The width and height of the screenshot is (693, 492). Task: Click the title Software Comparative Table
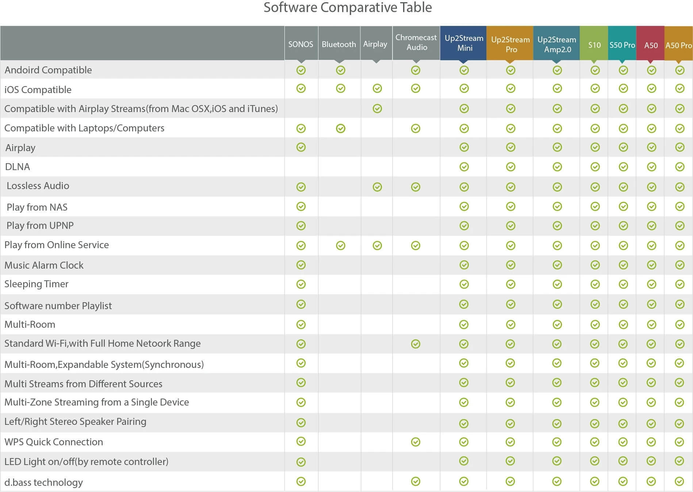(348, 7)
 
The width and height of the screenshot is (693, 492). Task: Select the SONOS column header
(300, 44)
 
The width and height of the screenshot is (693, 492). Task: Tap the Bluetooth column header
(339, 44)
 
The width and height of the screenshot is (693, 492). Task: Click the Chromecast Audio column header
(416, 42)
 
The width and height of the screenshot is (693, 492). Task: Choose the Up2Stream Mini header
(464, 43)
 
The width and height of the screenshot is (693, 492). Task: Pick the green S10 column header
(594, 45)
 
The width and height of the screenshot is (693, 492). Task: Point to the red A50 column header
(651, 45)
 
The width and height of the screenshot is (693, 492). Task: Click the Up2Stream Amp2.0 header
(556, 44)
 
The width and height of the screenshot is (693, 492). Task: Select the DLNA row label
(18, 167)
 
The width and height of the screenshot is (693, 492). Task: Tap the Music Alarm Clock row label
(44, 265)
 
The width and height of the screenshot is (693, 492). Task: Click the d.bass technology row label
(43, 482)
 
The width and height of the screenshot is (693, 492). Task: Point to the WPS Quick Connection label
(54, 442)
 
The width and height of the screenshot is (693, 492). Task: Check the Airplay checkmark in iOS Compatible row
(377, 88)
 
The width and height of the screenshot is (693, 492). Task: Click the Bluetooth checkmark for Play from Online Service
(340, 245)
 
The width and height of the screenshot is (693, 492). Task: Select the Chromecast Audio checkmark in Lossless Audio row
(416, 187)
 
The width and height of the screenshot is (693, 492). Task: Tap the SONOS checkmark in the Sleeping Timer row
(301, 284)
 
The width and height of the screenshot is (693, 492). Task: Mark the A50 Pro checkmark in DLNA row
(679, 167)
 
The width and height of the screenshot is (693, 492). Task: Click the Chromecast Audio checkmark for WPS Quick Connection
(416, 442)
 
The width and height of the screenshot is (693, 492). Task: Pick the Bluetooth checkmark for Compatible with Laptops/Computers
(340, 128)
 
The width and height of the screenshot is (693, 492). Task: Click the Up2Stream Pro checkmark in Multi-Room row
(510, 324)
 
